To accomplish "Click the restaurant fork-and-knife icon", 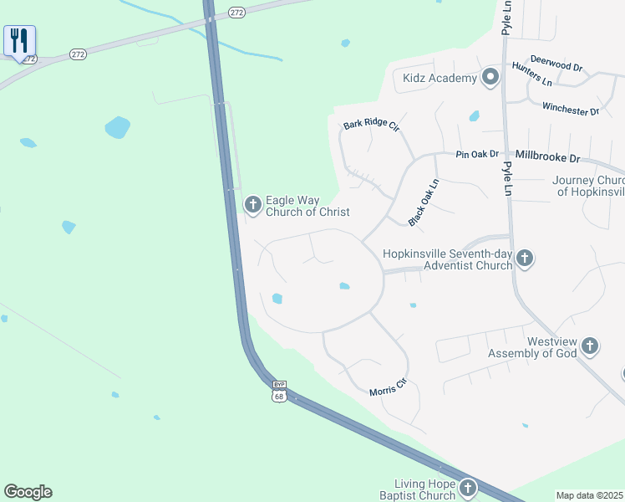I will click(18, 40).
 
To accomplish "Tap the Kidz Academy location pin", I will click(490, 79).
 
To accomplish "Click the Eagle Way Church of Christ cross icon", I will click(252, 203).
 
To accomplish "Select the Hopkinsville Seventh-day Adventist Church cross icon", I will click(524, 258).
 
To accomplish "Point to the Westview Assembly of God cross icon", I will click(589, 346).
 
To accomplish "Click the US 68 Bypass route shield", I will click(279, 392).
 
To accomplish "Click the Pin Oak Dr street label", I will click(477, 155).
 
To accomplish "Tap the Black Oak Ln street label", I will click(424, 202).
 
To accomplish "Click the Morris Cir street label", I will click(388, 387).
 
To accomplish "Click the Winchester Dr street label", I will click(571, 109).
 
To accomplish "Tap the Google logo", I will click(28, 492).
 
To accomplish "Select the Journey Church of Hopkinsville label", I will click(588, 186).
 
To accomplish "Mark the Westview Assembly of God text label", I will click(551, 347).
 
